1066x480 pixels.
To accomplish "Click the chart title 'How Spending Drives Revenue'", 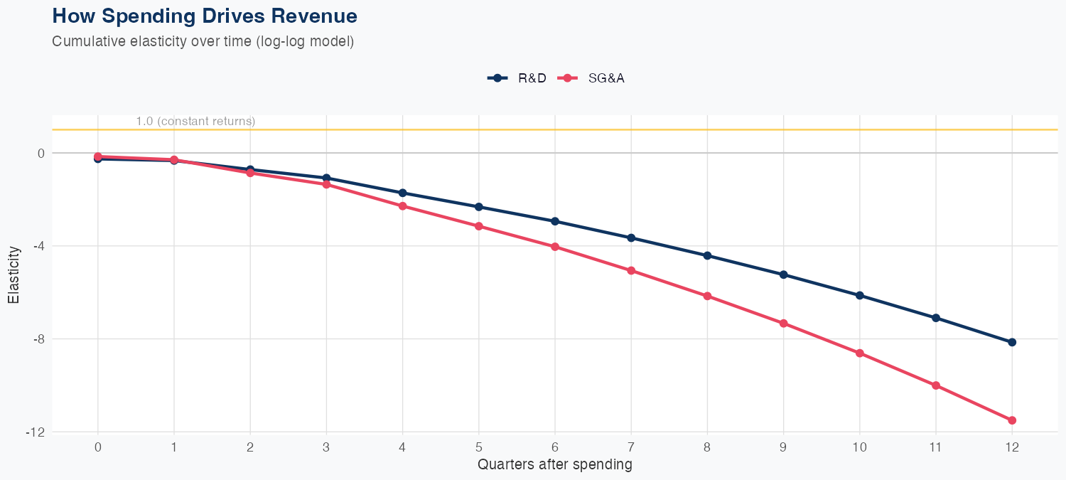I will [x=205, y=16].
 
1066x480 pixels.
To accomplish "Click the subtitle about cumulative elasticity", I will [x=203, y=41].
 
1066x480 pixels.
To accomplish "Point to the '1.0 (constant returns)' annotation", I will [x=195, y=122].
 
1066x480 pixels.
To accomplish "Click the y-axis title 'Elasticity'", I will [x=14, y=274].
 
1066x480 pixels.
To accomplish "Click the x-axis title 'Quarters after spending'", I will [x=554, y=465].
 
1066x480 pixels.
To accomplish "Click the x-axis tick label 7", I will [x=631, y=447].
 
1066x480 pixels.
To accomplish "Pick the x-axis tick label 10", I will [x=859, y=447].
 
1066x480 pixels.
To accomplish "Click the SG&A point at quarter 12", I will [x=1012, y=420].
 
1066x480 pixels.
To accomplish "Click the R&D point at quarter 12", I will [x=1012, y=342].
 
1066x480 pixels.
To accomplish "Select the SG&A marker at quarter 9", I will [x=783, y=324].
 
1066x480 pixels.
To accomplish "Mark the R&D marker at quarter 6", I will [x=555, y=221].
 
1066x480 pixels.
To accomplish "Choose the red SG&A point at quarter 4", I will [x=402, y=206].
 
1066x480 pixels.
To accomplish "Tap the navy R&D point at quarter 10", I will [x=859, y=295].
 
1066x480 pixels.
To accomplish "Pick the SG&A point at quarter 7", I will [x=631, y=271].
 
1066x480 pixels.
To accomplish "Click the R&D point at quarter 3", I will [x=326, y=178].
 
